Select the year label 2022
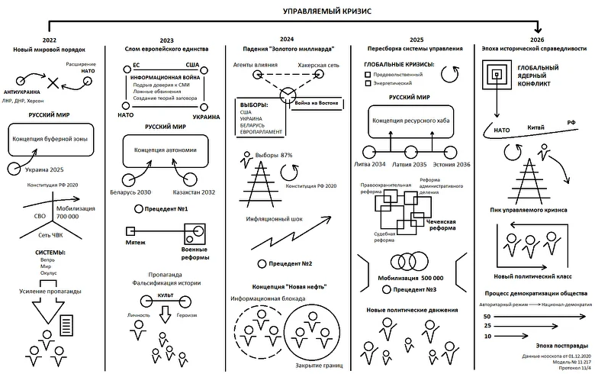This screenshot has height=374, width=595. pyautogui.click(x=50, y=39)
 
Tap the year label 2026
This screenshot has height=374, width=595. pyautogui.click(x=536, y=39)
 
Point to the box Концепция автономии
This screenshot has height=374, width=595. pyautogui.click(x=166, y=150)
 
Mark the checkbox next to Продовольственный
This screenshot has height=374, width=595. pyautogui.click(x=368, y=75)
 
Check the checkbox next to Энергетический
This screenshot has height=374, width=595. pyautogui.click(x=368, y=84)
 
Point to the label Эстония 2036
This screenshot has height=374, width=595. pyautogui.click(x=451, y=164)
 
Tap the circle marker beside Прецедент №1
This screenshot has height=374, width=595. pyautogui.click(x=137, y=208)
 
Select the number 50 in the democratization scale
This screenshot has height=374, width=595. pyautogui.click(x=487, y=315)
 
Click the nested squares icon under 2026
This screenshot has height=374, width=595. pyautogui.click(x=497, y=74)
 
